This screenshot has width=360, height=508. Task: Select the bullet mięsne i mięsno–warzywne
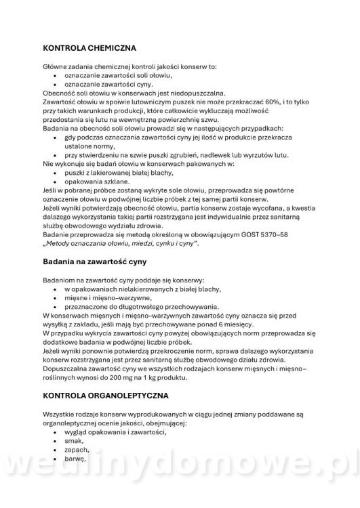pyautogui.click(x=107, y=297)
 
